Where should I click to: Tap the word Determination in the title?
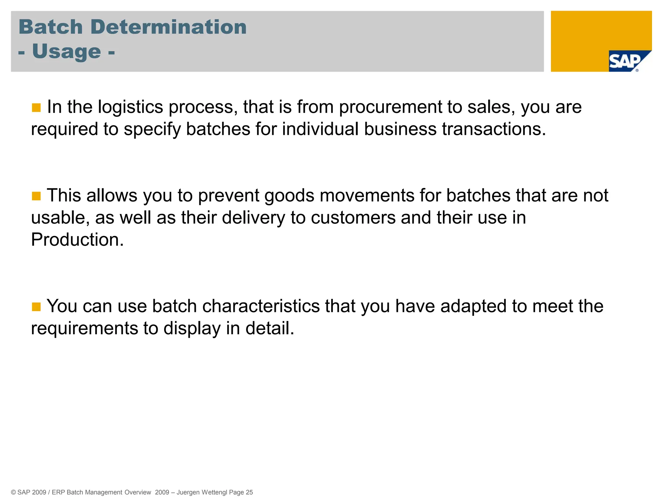pos(169,27)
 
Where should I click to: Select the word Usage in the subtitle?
pos(67,52)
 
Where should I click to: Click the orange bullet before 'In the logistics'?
pos(36,108)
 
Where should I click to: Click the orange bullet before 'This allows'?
pos(36,196)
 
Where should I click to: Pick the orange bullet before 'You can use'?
pos(36,307)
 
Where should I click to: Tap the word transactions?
pos(494,129)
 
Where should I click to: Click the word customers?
pos(353,218)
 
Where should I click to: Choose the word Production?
pos(77,240)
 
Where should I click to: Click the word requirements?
pos(84,328)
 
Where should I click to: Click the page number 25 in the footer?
pos(249,492)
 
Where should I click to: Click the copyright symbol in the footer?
pos(13,492)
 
